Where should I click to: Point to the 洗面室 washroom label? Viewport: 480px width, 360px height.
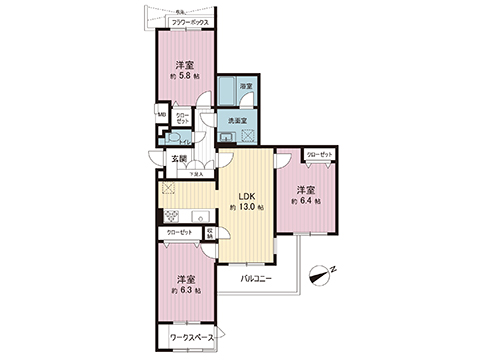tap(237, 121)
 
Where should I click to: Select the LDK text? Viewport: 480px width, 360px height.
tap(245, 195)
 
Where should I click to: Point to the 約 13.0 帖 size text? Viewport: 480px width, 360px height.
tap(245, 207)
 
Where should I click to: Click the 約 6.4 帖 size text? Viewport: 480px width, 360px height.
tap(305, 201)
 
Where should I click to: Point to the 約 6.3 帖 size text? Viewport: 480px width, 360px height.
tap(185, 290)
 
